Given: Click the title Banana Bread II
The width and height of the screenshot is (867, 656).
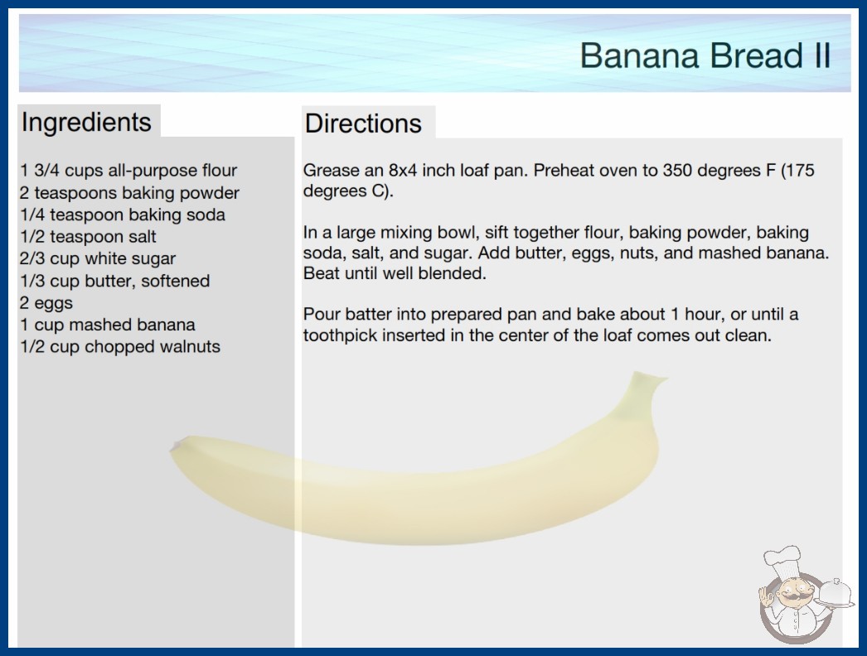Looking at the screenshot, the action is pyautogui.click(x=705, y=55).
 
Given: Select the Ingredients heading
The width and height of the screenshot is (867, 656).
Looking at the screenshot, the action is pyautogui.click(x=86, y=122).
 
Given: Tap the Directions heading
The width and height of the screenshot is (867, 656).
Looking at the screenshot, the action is pyautogui.click(x=363, y=123).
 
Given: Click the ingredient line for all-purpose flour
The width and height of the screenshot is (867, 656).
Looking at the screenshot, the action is pyautogui.click(x=128, y=171).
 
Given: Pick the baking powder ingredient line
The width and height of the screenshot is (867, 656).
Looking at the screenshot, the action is pyautogui.click(x=129, y=192).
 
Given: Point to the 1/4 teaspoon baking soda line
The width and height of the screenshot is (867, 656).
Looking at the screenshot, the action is pyautogui.click(x=122, y=215).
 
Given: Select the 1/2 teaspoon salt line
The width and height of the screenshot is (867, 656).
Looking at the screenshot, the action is pyautogui.click(x=88, y=237).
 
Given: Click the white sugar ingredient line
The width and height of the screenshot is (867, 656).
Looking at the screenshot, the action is pyautogui.click(x=97, y=258).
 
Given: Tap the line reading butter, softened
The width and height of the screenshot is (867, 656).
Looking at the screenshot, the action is pyautogui.click(x=114, y=281).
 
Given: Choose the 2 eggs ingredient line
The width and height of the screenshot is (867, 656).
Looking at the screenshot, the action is pyautogui.click(x=46, y=303).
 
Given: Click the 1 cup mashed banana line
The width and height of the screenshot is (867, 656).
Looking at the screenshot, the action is pyautogui.click(x=107, y=325).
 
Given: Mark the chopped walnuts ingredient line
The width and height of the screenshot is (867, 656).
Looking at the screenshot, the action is pyautogui.click(x=120, y=346).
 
